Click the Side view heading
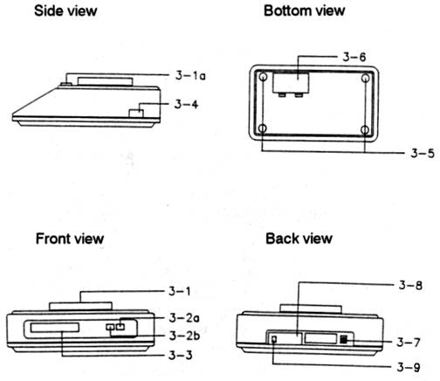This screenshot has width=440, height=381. pyautogui.click(x=65, y=10)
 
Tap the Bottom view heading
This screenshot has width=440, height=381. pyautogui.click(x=304, y=10)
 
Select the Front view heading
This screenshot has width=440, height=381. pyautogui.click(x=70, y=239)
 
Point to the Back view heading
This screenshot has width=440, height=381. pyautogui.click(x=299, y=239)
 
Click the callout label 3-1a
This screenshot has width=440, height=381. pyautogui.click(x=190, y=75)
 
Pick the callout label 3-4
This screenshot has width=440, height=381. pyautogui.click(x=186, y=104)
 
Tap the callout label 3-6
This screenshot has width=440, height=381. pyautogui.click(x=354, y=57)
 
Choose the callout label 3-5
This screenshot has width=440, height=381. pyautogui.click(x=423, y=153)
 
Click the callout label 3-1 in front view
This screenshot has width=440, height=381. pyautogui.click(x=180, y=291)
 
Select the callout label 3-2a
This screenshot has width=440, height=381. pyautogui.click(x=184, y=317)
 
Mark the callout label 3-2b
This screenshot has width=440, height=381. pyautogui.click(x=184, y=336)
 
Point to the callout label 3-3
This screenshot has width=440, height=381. pyautogui.click(x=181, y=355)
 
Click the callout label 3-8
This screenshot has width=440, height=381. pyautogui.click(x=410, y=285)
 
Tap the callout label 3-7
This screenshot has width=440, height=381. pyautogui.click(x=409, y=342)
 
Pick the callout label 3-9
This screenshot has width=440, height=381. pyautogui.click(x=409, y=367)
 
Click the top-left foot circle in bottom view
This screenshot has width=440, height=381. pyautogui.click(x=263, y=78)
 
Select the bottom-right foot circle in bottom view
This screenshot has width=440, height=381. pyautogui.click(x=365, y=130)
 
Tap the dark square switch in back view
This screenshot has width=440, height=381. pyautogui.click(x=344, y=339)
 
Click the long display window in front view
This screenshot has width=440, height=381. pyautogui.click(x=55, y=328)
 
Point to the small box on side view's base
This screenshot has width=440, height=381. pyautogui.click(x=136, y=114)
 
